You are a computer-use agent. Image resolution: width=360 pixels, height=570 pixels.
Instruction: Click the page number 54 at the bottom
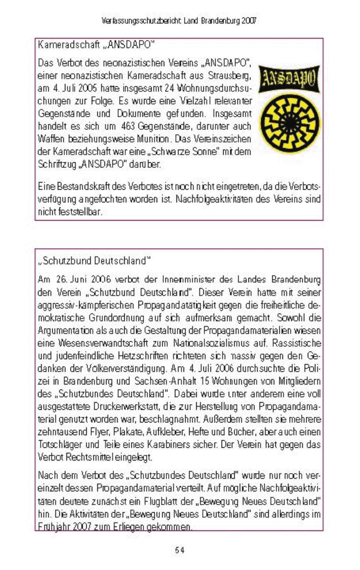179,550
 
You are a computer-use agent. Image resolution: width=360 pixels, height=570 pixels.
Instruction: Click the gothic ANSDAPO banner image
290,79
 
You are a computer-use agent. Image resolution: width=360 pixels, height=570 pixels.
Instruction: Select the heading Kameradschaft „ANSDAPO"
95,45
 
